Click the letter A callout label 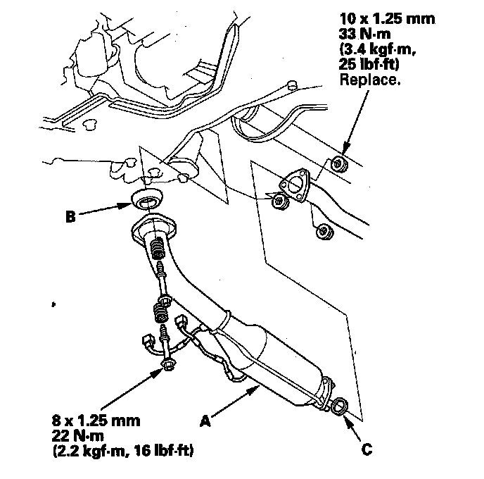pyautogui.click(x=205, y=421)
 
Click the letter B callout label pyautogui.click(x=70, y=216)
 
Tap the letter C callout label pyautogui.click(x=367, y=449)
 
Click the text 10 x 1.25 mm pyautogui.click(x=387, y=18)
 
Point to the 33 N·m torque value pyautogui.click(x=365, y=34)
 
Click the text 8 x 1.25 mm pyautogui.click(x=96, y=421)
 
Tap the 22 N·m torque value pyautogui.click(x=78, y=436)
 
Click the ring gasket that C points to pyautogui.click(x=340, y=406)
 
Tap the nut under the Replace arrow pyautogui.click(x=339, y=164)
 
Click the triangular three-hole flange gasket pyautogui.click(x=295, y=185)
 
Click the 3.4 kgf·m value pyautogui.click(x=378, y=49)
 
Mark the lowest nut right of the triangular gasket pyautogui.click(x=324, y=232)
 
